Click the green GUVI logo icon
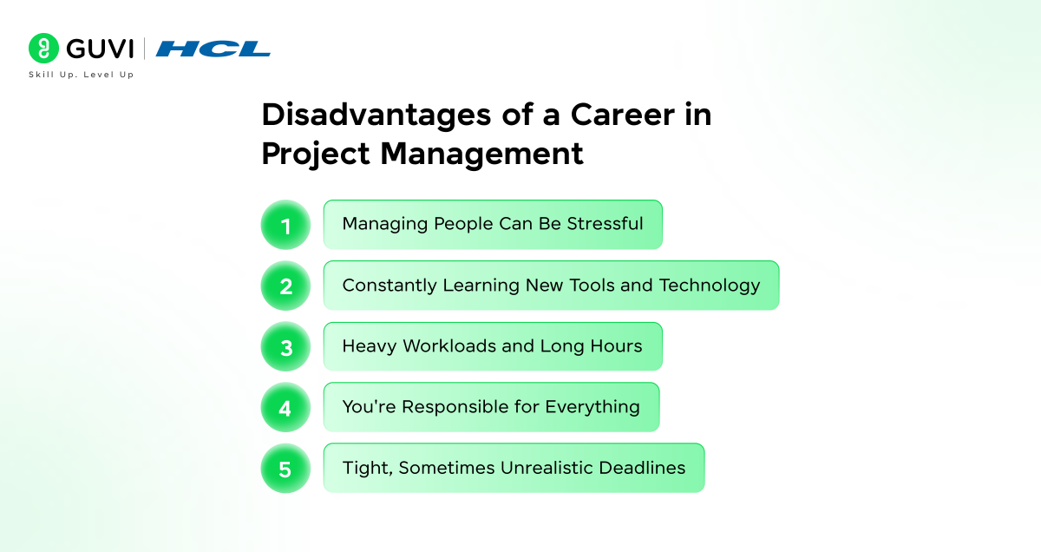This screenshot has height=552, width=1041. [43, 48]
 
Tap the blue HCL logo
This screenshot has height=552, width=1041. [213, 49]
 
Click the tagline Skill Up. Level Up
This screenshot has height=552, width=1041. [82, 75]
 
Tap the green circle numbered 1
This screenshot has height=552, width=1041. [285, 225]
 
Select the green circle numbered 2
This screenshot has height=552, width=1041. [285, 286]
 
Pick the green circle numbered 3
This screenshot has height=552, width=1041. [285, 347]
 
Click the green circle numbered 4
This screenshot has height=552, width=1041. [285, 407]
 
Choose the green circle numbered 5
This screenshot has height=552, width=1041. [285, 469]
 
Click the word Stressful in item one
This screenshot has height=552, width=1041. [605, 224]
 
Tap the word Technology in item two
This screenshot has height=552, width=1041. [710, 286]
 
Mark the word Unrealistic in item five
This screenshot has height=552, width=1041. [547, 468]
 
